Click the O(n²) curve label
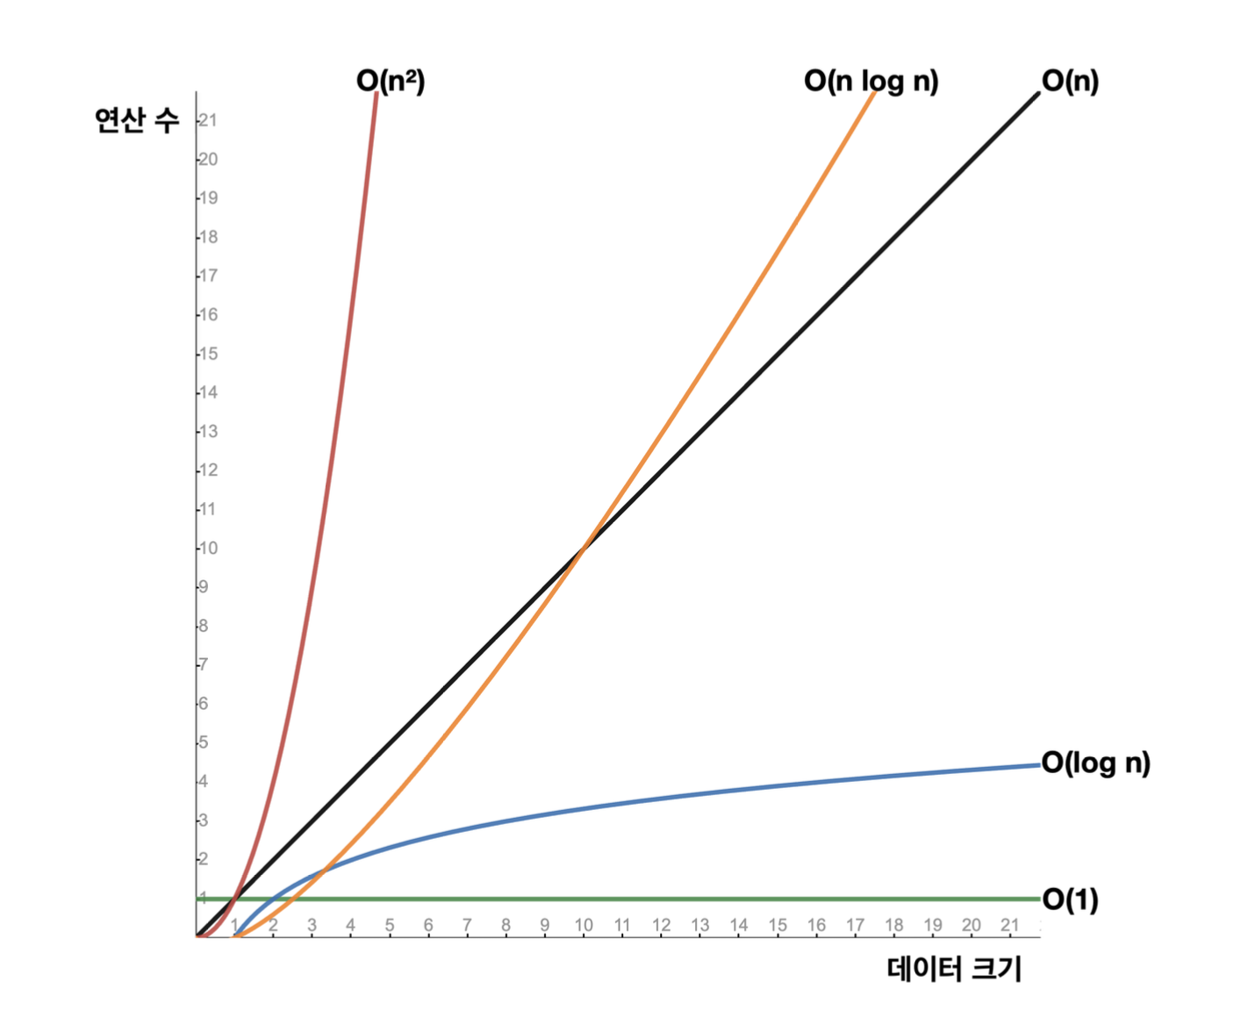pyautogui.click(x=391, y=81)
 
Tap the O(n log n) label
pyautogui.click(x=871, y=81)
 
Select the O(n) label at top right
pyautogui.click(x=1070, y=81)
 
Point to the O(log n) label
pyautogui.click(x=1095, y=763)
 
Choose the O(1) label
pyautogui.click(x=1070, y=900)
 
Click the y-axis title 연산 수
pyautogui.click(x=137, y=119)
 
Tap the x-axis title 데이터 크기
pyautogui.click(x=954, y=969)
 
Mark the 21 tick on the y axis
pyautogui.click(x=208, y=120)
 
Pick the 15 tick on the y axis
pyautogui.click(x=208, y=354)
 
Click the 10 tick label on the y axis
pyautogui.click(x=208, y=548)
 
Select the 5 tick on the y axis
pyautogui.click(x=204, y=742)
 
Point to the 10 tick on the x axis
pyautogui.click(x=584, y=925)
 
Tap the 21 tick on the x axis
pyautogui.click(x=1010, y=925)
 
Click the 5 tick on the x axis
pyautogui.click(x=390, y=925)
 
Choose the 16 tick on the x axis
pyautogui.click(x=816, y=925)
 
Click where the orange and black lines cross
pyautogui.click(x=583, y=549)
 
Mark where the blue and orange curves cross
pyautogui.click(x=322, y=871)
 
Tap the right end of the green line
pyautogui.click(x=1038, y=899)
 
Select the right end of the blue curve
pyautogui.click(x=1038, y=765)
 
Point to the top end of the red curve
pyautogui.click(x=377, y=93)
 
